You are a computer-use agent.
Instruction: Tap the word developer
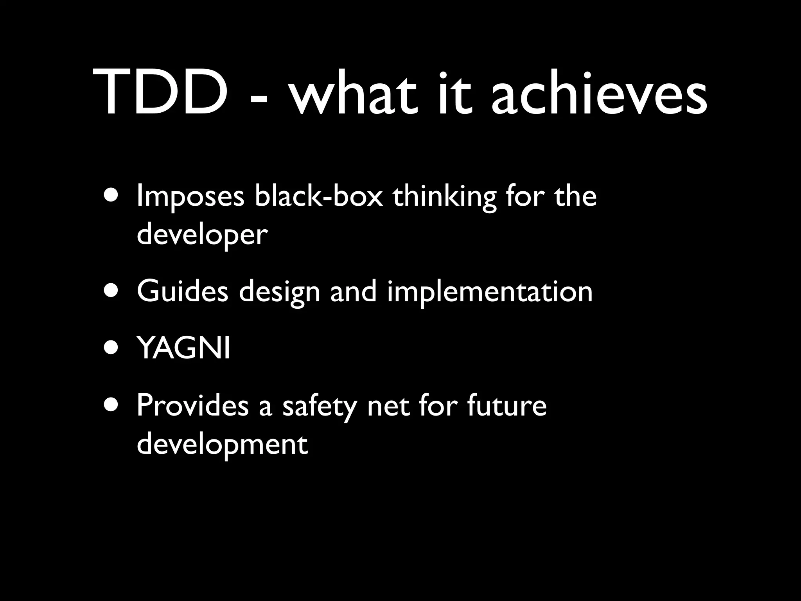(202, 236)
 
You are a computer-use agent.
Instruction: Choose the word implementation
(490, 293)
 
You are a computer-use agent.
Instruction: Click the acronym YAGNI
(184, 348)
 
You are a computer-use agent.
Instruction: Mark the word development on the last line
(222, 445)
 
